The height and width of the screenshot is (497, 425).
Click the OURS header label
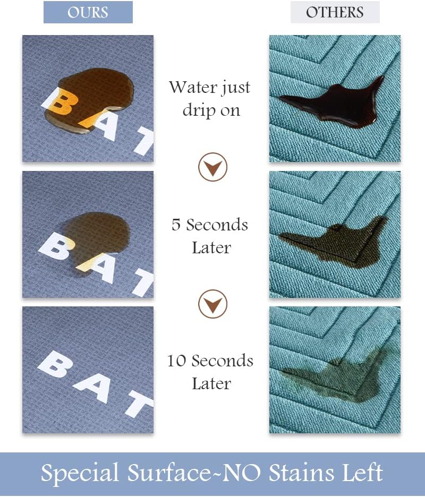(x=88, y=12)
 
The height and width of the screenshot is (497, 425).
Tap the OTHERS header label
(x=335, y=12)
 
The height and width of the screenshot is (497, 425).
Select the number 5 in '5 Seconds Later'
(x=176, y=225)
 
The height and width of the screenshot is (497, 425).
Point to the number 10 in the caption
(x=177, y=361)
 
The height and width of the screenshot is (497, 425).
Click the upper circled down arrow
(x=212, y=168)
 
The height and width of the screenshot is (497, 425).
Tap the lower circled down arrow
(x=212, y=304)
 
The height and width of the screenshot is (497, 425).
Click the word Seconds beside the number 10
(x=222, y=361)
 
